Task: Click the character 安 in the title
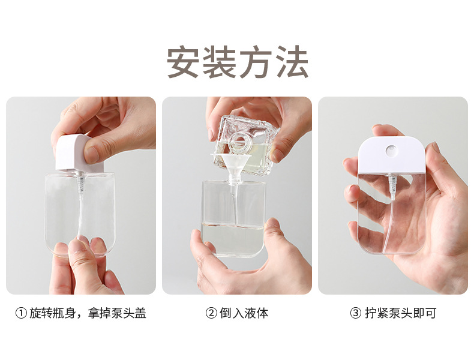click(x=184, y=61)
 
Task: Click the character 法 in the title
click(x=291, y=61)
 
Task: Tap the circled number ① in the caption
click(x=21, y=313)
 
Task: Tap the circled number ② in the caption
click(x=211, y=313)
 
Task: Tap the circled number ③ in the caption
click(x=356, y=313)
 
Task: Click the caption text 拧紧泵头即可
click(x=400, y=313)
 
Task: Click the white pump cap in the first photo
click(x=72, y=153)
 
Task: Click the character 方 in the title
click(x=255, y=61)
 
